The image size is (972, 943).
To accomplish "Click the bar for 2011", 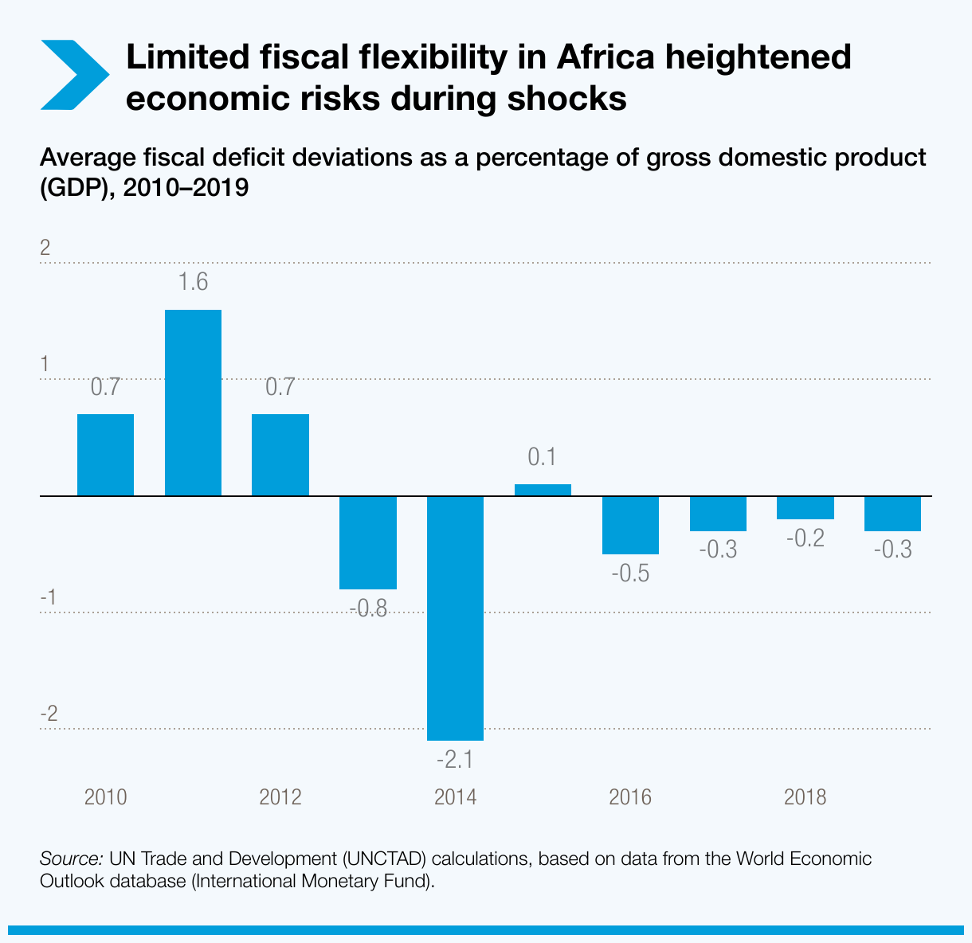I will (x=193, y=403).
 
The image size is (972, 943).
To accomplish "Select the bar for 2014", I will (x=455, y=618).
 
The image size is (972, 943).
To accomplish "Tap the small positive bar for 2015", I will (x=543, y=490).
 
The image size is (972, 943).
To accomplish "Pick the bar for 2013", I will (x=367, y=542).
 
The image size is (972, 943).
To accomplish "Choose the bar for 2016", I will (x=630, y=525).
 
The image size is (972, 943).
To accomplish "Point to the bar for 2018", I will (x=805, y=508).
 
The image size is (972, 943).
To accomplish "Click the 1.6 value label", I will (x=193, y=282).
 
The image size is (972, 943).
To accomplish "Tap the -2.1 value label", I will (x=455, y=760).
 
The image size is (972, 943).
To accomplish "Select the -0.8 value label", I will (x=367, y=610).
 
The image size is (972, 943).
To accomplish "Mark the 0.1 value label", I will (x=542, y=457).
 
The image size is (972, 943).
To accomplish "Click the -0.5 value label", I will (x=630, y=573).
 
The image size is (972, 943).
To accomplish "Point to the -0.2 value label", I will (x=805, y=538).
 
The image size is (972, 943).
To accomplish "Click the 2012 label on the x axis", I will (x=280, y=797).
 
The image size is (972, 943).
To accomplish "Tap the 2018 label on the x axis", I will (x=805, y=797).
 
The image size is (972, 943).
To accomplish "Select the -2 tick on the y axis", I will (x=49, y=714).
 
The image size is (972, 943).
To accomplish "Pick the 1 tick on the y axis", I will (x=45, y=364).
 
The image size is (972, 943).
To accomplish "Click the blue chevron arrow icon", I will (x=73, y=74).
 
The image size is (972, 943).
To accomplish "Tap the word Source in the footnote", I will (x=70, y=859).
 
